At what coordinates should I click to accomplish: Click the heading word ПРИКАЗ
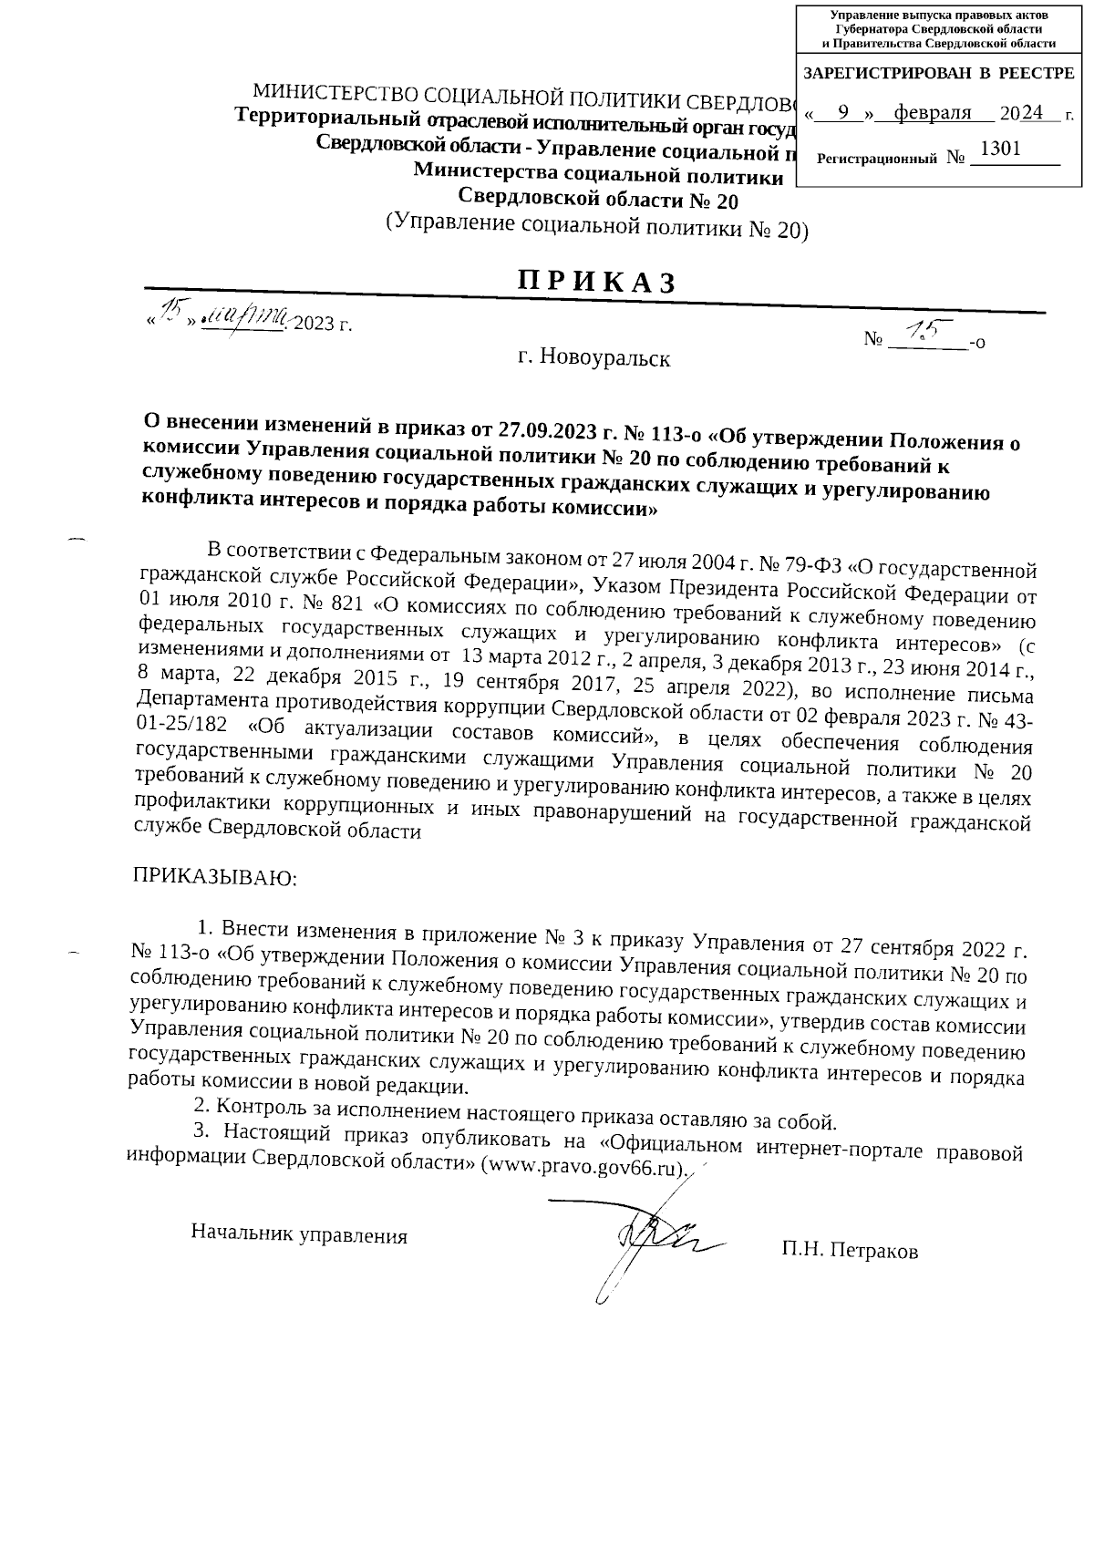(597, 281)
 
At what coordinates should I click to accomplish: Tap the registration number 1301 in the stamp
(1000, 149)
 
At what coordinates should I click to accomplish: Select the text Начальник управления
(299, 1234)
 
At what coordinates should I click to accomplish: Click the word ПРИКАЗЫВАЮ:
(216, 878)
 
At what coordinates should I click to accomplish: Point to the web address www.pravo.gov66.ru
(582, 1167)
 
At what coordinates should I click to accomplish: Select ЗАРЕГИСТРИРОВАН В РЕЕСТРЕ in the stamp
(939, 73)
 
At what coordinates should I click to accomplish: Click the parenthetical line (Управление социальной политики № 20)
(597, 226)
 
